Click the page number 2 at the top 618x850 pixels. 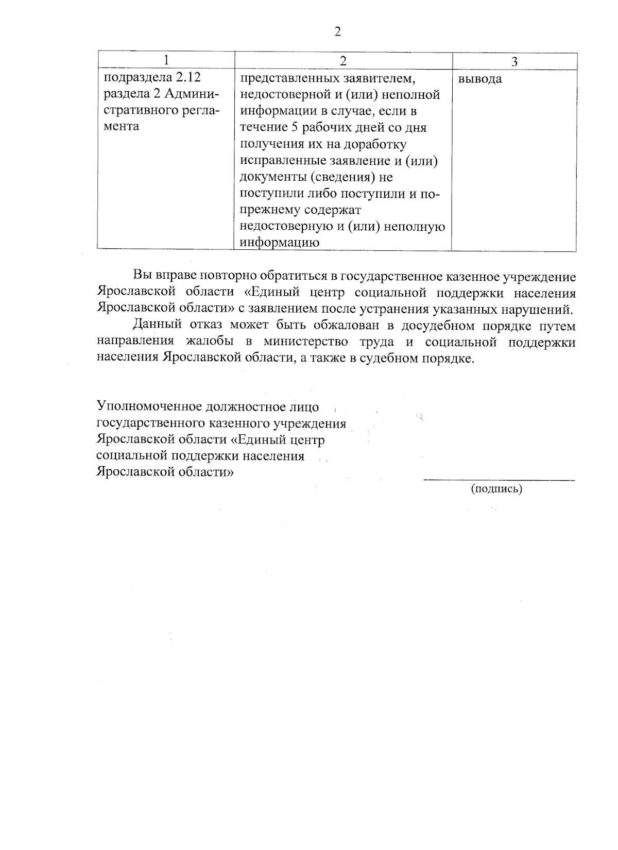point(337,32)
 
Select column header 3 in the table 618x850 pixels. point(514,61)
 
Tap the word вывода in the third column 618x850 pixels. point(479,79)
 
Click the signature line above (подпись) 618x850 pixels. point(499,480)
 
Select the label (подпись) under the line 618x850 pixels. point(496,489)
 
